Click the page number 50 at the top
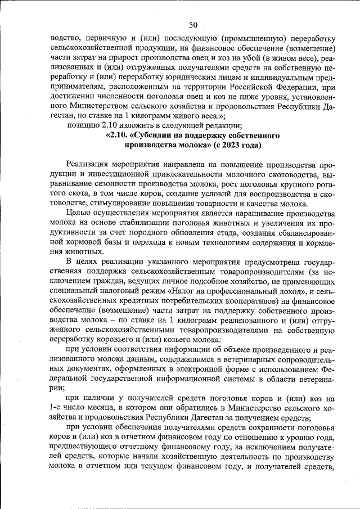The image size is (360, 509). [x=193, y=24]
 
